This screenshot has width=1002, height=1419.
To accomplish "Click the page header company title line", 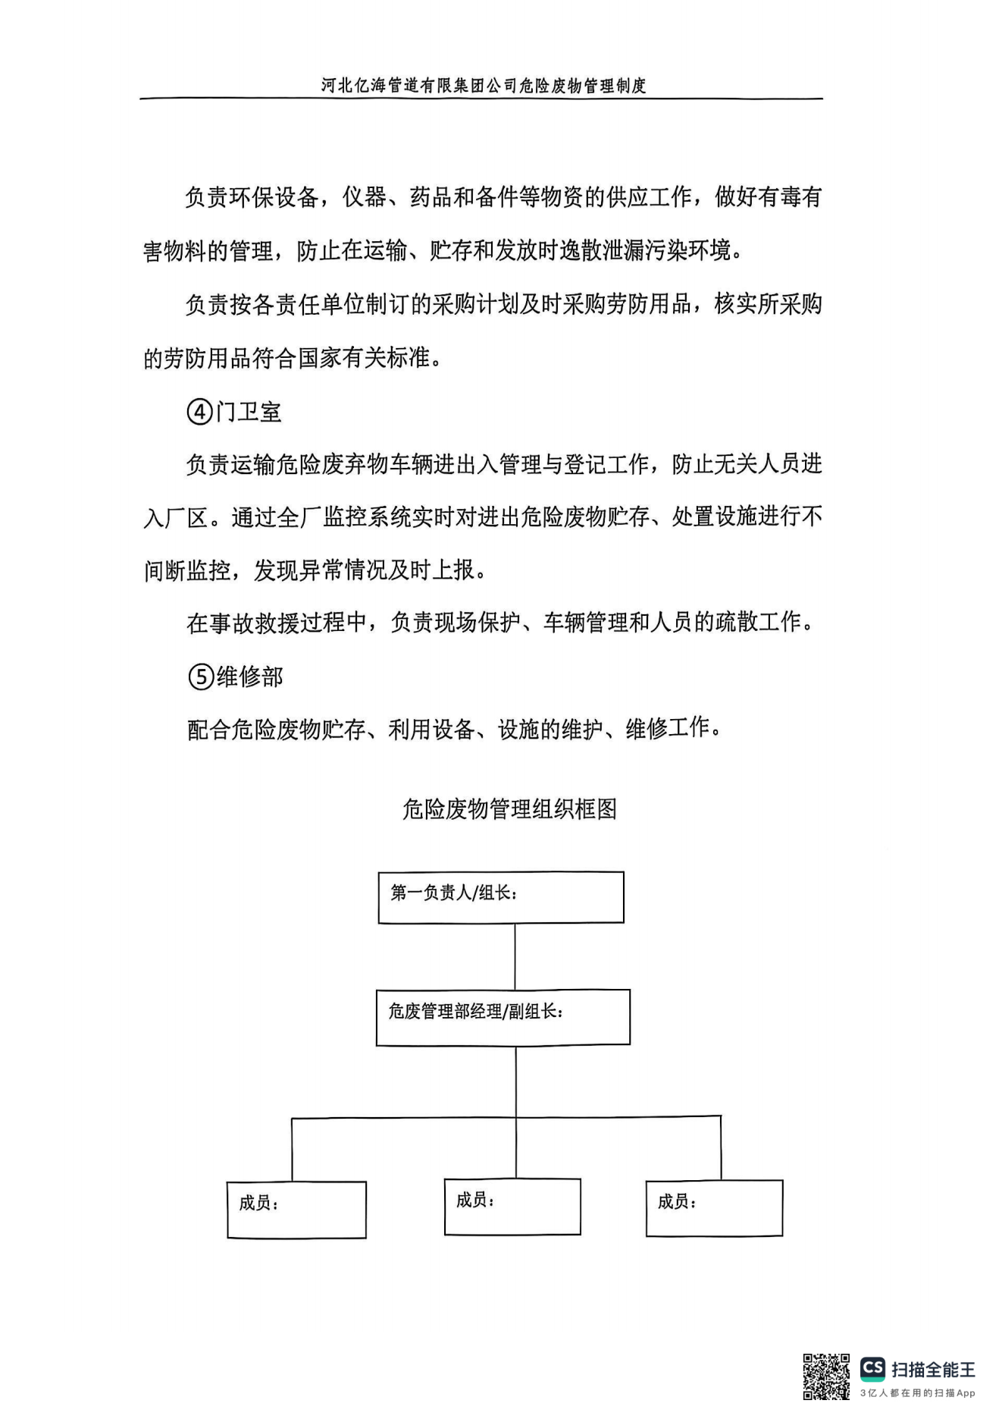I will click(483, 85).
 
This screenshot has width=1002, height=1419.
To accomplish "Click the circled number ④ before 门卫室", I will click(199, 412).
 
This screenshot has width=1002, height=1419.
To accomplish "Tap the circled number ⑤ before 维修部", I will click(201, 676).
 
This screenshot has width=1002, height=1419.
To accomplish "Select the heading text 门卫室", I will click(249, 412).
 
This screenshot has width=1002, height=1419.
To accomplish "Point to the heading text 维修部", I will click(250, 676).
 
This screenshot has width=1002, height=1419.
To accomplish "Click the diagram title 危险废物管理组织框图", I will click(509, 809).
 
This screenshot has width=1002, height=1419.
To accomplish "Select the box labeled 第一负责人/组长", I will click(501, 897).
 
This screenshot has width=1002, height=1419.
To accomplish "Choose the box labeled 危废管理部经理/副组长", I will click(503, 1017).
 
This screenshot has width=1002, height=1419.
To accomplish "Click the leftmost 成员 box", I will click(296, 1210).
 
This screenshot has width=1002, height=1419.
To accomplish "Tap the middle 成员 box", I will click(512, 1207).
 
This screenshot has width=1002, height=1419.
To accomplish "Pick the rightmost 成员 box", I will click(714, 1208).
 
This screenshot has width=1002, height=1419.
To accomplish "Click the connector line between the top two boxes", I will click(515, 956).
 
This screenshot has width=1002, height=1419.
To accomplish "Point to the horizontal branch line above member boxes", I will click(506, 1117).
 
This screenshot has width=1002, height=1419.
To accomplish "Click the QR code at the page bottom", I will click(825, 1377).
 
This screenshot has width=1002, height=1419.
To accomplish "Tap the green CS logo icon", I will click(873, 1367).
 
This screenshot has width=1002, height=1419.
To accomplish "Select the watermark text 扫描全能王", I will click(934, 1369).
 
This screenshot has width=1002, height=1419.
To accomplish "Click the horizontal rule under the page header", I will click(481, 99).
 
